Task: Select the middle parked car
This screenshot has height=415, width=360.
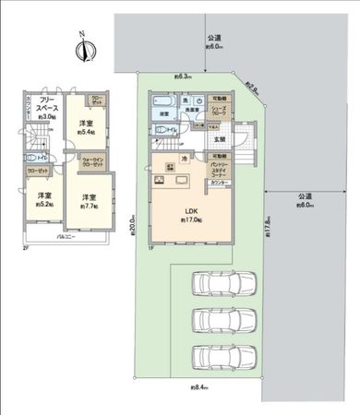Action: click(220, 320)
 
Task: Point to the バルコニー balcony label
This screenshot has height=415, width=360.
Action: click(63, 238)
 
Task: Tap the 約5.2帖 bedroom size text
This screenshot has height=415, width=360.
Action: click(44, 204)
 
